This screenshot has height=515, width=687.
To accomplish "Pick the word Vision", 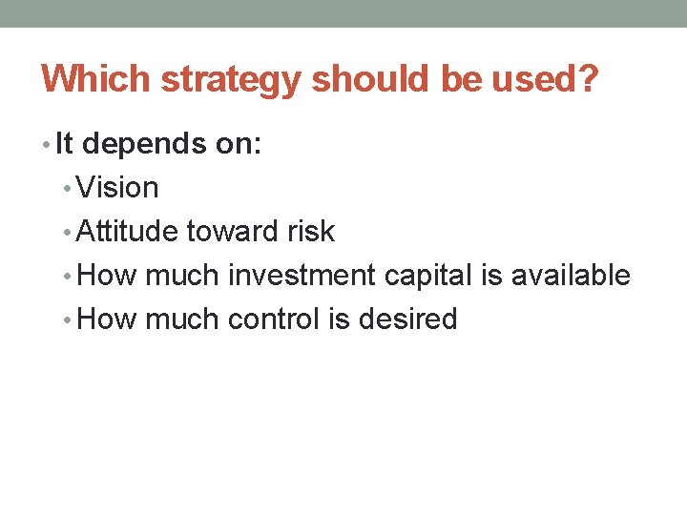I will click(x=117, y=188).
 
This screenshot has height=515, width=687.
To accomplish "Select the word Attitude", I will click(x=127, y=232).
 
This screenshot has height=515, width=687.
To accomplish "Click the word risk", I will click(x=314, y=232).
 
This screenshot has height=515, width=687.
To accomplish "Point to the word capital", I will click(x=428, y=277).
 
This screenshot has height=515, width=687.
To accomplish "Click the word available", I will click(x=571, y=276).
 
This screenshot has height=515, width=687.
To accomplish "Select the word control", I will click(x=274, y=319).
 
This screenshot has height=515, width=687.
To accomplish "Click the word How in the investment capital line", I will click(x=107, y=276).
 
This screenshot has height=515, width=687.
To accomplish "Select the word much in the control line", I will click(x=182, y=319).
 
